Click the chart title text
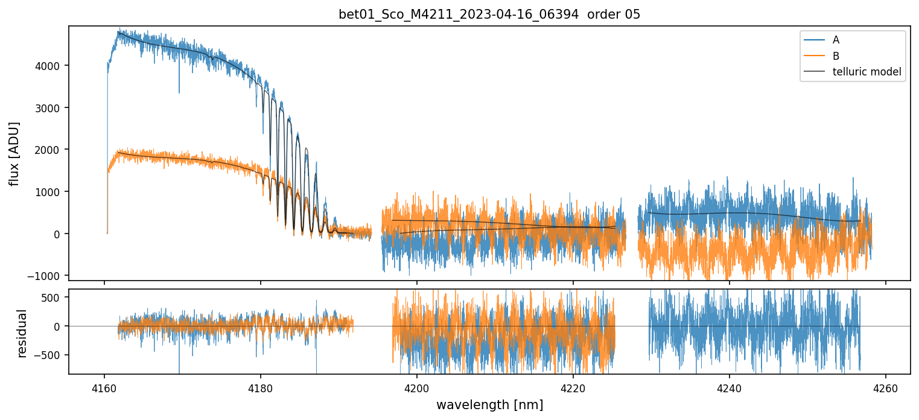(x=489, y=14)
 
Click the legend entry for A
(x=836, y=40)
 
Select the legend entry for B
(x=836, y=56)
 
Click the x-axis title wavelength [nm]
(x=489, y=405)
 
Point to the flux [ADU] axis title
(x=14, y=153)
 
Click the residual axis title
(x=22, y=333)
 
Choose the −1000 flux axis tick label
(x=46, y=276)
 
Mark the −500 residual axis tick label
(x=51, y=355)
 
